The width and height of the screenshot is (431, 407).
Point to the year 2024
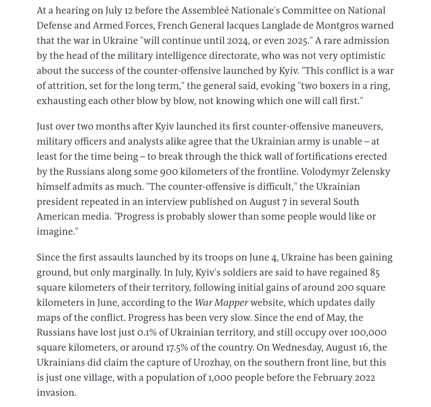238,41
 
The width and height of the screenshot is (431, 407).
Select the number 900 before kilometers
169,172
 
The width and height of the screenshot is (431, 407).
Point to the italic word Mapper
232,303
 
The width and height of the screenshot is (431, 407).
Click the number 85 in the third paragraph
375,272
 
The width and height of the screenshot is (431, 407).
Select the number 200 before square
346,287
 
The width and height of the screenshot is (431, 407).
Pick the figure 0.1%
147,332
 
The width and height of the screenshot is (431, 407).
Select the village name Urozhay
212,362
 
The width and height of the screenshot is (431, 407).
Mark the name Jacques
242,25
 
